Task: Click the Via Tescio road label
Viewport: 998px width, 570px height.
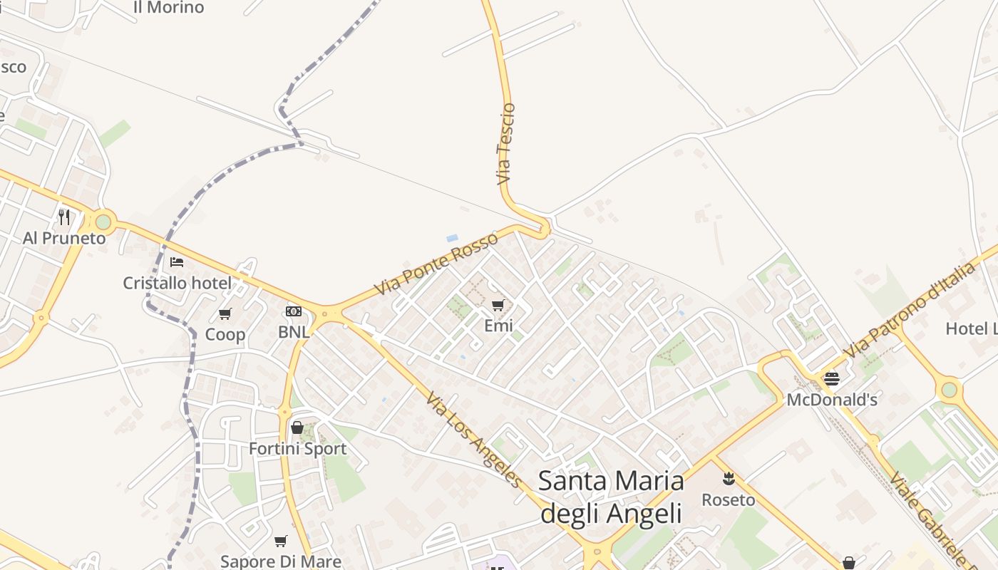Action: click(505, 145)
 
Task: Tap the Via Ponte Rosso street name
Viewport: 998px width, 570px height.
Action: click(436, 264)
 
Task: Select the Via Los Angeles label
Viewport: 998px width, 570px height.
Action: click(474, 439)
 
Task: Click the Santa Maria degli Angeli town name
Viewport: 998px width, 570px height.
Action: click(611, 497)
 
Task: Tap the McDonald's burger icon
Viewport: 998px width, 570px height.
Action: click(831, 378)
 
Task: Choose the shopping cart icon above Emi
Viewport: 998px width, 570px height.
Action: click(498, 305)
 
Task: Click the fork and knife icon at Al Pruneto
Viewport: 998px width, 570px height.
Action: click(64, 216)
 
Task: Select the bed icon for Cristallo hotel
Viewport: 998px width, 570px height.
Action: click(177, 261)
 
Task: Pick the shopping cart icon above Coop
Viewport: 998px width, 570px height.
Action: click(225, 313)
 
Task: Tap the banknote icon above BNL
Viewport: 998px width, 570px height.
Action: click(294, 311)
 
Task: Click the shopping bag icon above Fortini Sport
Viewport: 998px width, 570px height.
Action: click(297, 427)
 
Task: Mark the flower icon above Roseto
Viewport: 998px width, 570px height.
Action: click(729, 478)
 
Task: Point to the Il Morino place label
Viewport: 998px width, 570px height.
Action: click(168, 8)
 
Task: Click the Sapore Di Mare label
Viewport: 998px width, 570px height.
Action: click(281, 561)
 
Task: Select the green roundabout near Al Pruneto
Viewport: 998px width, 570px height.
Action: click(104, 222)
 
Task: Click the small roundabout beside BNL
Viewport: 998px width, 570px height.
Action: click(325, 313)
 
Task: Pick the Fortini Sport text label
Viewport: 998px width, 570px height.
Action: click(297, 449)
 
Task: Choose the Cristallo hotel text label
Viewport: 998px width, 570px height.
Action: click(177, 283)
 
